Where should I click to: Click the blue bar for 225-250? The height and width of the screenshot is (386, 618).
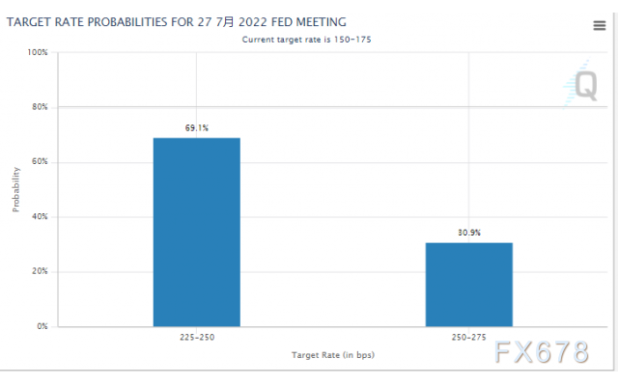click(196, 232)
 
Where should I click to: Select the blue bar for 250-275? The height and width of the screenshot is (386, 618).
click(468, 284)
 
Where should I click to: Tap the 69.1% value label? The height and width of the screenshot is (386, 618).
click(196, 127)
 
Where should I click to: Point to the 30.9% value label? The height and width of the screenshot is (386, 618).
click(469, 233)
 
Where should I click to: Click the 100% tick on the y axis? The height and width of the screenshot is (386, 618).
click(38, 52)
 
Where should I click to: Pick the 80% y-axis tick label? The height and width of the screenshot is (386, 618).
click(40, 107)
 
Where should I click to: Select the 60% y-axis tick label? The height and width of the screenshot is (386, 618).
click(40, 162)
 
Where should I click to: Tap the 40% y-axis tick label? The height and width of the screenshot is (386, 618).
click(40, 217)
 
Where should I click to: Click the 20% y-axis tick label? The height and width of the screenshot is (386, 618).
click(40, 271)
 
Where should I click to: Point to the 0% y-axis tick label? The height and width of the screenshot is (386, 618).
click(42, 326)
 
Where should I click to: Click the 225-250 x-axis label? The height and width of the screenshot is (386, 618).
click(196, 339)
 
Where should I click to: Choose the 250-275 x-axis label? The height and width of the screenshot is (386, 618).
click(469, 339)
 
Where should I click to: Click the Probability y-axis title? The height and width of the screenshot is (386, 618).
click(16, 189)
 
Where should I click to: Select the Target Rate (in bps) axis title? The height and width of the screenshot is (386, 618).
click(333, 355)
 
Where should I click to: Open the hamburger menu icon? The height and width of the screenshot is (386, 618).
click(599, 26)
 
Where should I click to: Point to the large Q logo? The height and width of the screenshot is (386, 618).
click(585, 86)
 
